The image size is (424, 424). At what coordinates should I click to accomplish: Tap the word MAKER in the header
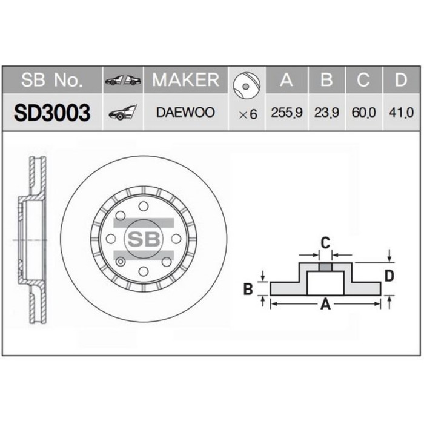click(185, 79)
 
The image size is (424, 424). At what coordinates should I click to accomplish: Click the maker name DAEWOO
click(185, 113)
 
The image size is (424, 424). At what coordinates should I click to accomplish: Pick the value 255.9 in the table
click(287, 113)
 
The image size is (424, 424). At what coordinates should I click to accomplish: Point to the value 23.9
click(326, 113)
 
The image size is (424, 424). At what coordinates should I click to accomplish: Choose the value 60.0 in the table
click(363, 113)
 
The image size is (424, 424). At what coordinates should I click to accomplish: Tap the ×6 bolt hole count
click(247, 114)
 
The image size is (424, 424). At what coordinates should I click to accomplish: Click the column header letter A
click(287, 80)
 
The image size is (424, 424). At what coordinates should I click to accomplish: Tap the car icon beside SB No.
click(123, 80)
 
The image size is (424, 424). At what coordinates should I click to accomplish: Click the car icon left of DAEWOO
click(123, 113)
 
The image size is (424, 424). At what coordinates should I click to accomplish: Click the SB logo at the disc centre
click(144, 238)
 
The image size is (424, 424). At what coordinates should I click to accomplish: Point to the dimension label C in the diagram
click(325, 243)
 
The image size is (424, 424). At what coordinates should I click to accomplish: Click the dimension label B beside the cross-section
click(248, 290)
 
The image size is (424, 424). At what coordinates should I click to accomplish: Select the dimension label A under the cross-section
click(325, 305)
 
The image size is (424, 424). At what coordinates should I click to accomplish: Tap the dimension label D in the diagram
click(389, 276)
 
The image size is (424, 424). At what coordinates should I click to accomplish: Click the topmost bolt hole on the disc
click(144, 207)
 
